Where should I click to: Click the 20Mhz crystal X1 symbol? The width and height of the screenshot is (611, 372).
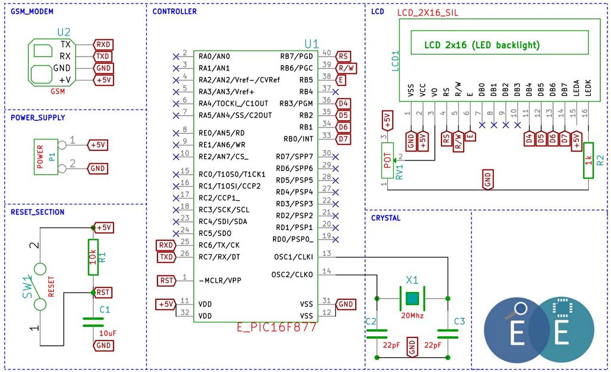tap(412, 299)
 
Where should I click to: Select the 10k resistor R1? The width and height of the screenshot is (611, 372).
tap(93, 257)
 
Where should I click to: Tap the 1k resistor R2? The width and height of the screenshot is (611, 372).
tap(588, 160)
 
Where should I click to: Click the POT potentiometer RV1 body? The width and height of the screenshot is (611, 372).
tap(387, 160)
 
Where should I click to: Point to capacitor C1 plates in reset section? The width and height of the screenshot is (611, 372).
tap(93, 322)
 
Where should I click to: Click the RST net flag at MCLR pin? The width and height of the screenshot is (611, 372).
tap(166, 281)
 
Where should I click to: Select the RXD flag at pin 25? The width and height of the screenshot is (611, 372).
tap(166, 245)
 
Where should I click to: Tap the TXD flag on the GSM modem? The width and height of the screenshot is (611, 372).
tap(103, 57)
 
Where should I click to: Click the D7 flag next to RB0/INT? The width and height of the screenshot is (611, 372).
tap(343, 139)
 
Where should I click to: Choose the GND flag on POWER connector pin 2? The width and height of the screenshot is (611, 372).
tap(97, 169)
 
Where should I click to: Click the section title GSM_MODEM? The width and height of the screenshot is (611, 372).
tap(32, 11)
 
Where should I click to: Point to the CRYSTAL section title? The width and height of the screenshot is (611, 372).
tap(386, 218)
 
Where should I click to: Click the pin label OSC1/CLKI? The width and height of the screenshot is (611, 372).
tap(294, 257)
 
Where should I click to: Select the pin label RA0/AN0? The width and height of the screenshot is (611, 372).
tap(214, 57)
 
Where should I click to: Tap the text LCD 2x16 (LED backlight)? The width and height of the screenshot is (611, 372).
tap(482, 45)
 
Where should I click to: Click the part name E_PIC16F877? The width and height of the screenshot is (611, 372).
tap(277, 327)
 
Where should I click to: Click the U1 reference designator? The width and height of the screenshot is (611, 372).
tap(311, 44)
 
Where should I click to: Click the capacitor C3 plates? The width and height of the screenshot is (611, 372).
tap(448, 334)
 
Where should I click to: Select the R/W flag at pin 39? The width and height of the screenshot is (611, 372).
tap(346, 69)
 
